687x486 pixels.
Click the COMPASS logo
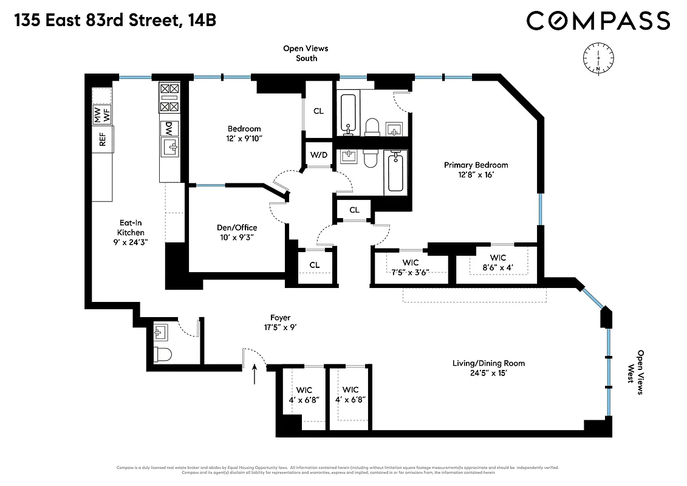click(598, 21)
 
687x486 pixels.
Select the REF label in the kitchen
click(103, 140)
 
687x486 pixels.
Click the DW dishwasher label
click(168, 128)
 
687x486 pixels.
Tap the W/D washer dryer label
click(319, 155)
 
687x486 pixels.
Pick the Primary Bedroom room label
click(476, 165)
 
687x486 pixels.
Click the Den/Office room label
click(237, 228)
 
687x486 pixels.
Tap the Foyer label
click(280, 318)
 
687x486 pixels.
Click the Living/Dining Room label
click(488, 363)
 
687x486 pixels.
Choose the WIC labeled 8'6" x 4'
click(497, 262)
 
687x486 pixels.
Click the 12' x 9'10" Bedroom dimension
click(244, 138)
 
